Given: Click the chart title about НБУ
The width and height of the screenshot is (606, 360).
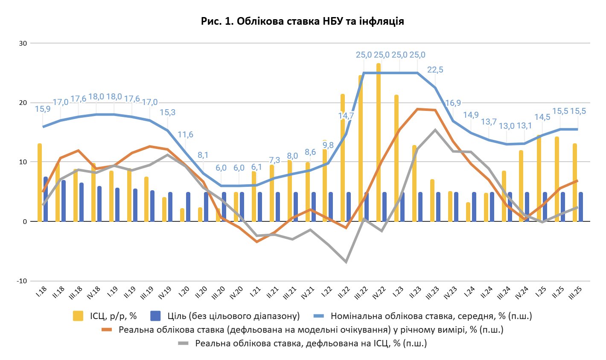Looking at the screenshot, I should tap(303, 21).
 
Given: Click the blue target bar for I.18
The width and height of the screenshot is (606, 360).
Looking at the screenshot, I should tap(46, 199).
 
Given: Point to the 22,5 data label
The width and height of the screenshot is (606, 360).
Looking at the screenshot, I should tap(435, 70).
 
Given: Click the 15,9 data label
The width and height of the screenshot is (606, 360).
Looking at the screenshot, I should tap(43, 109).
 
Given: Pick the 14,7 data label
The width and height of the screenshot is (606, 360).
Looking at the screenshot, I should tap(346, 116).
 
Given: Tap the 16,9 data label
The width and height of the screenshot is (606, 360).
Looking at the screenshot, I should tap(453, 103).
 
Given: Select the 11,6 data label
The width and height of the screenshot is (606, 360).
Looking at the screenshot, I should tap(186, 134).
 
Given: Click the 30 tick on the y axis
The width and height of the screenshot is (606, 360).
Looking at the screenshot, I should tap(23, 43).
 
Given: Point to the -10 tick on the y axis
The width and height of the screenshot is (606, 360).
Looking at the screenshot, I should tap(21, 281).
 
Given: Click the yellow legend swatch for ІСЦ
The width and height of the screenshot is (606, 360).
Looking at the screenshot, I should tap(78, 316).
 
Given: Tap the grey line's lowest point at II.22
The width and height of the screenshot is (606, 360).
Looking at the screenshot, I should tap(346, 262).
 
